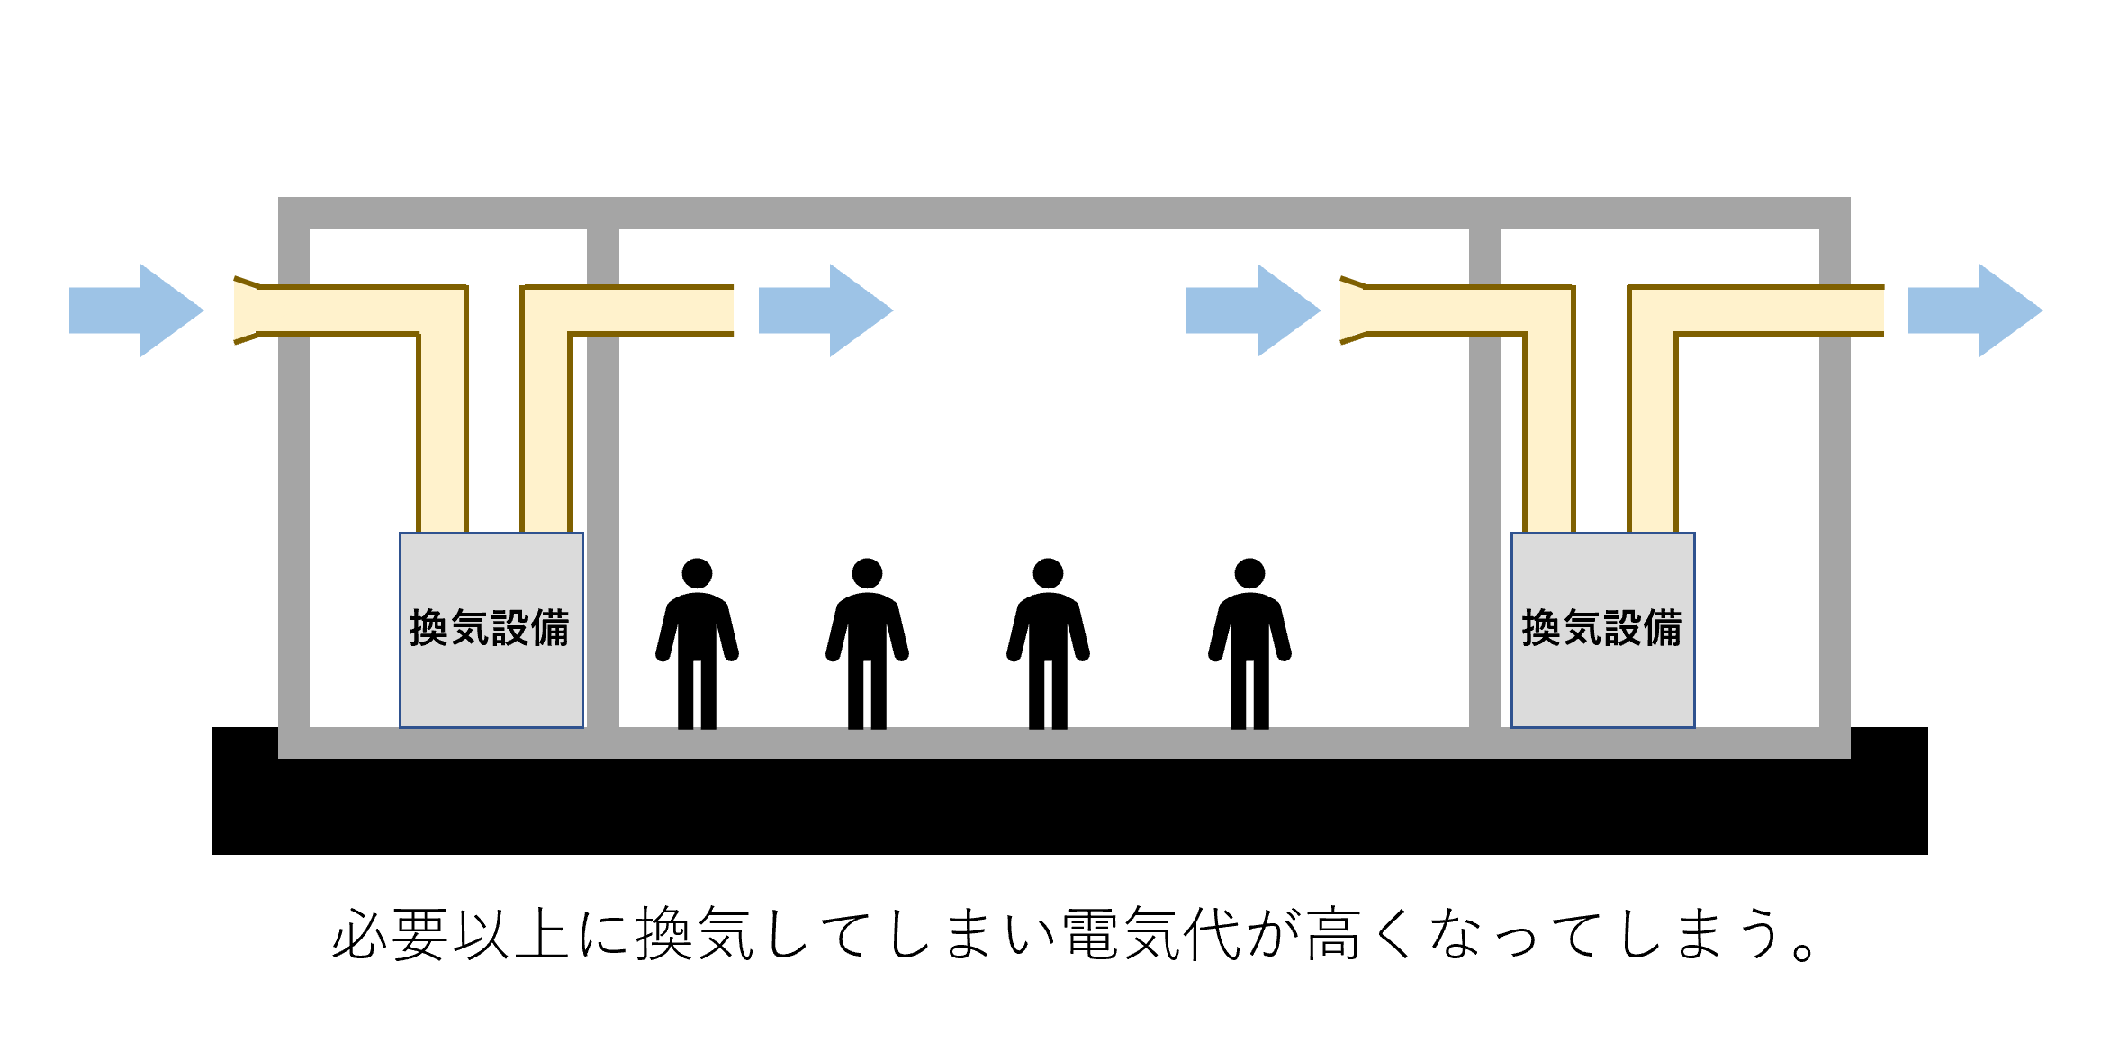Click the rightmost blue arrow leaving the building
pyautogui.click(x=1975, y=310)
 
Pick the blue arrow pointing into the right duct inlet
pyautogui.click(x=1253, y=310)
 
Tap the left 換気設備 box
pyautogui.click(x=491, y=630)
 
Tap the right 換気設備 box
pyautogui.click(x=1603, y=630)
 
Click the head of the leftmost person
pyautogui.click(x=697, y=573)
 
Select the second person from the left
pyautogui.click(x=867, y=643)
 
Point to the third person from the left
pyautogui.click(x=1048, y=643)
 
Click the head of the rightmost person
pyautogui.click(x=1249, y=573)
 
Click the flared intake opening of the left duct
pyautogui.click(x=247, y=310)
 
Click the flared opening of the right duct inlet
pyautogui.click(x=1353, y=310)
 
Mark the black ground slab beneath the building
pyautogui.click(x=1069, y=806)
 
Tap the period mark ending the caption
pyautogui.click(x=1804, y=950)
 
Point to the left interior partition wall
pyautogui.click(x=603, y=478)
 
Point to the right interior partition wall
pyautogui.click(x=1485, y=478)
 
